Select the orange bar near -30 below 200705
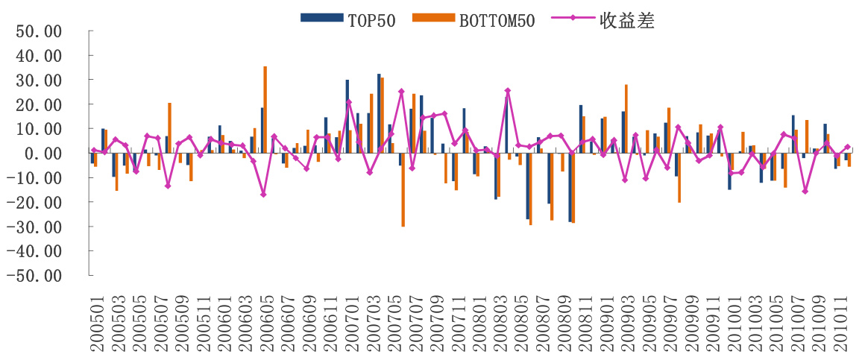(403, 189)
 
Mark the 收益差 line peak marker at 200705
(401, 92)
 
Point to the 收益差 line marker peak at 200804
(508, 91)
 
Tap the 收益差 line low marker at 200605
(263, 195)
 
